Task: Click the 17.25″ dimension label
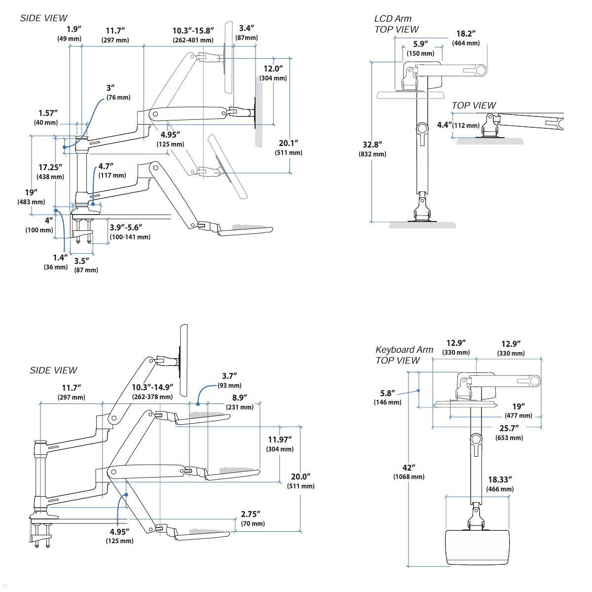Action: (50, 167)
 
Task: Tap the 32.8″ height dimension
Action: (372, 145)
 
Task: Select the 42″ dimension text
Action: (409, 468)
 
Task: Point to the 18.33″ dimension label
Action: (500, 480)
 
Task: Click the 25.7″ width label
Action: (509, 428)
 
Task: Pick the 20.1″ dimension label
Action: (289, 143)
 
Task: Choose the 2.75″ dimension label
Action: (251, 514)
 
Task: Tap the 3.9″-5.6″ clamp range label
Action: (126, 227)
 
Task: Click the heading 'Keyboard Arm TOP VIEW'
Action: (405, 355)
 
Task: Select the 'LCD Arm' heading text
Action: (393, 18)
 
